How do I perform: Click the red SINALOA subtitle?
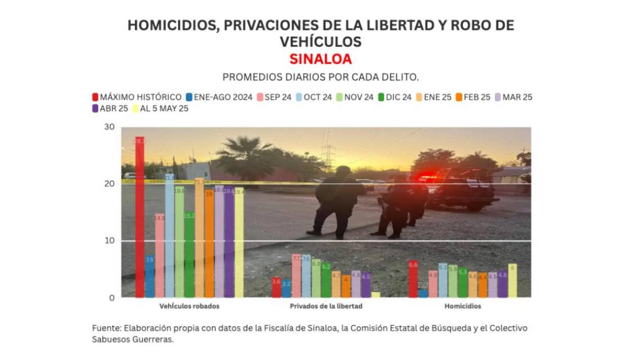pos(320,59)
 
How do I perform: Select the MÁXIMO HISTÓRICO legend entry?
pos(137,97)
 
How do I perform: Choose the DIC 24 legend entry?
pos(395,97)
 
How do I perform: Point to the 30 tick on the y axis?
pos(109,127)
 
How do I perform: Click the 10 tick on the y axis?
pos(109,241)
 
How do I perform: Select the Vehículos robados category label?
pos(189,306)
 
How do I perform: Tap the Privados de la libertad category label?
pos(326,306)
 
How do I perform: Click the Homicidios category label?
pos(462,306)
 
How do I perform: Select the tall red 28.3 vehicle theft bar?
pos(139,217)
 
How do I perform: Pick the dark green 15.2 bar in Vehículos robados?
pos(189,255)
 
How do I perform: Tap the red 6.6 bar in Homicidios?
pos(413,279)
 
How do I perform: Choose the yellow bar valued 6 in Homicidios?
pos(512,281)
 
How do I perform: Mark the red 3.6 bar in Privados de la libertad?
pos(277,287)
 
